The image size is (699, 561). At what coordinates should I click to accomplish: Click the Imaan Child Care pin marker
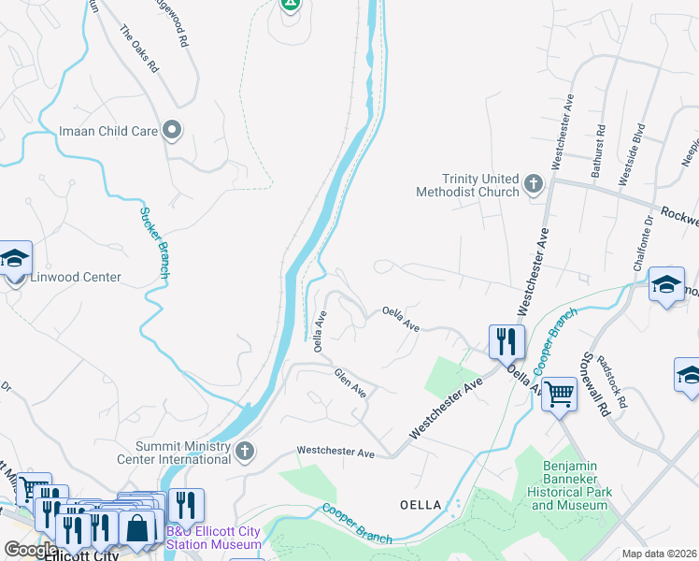pos(171,131)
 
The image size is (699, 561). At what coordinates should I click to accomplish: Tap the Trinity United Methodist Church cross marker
pos(534,183)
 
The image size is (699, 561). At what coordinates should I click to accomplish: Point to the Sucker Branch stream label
pos(154,241)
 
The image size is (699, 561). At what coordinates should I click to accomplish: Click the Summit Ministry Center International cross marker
pos(245,453)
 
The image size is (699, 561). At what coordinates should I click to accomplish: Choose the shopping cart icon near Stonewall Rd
pos(559,394)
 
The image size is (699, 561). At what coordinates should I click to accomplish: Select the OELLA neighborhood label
pos(421,505)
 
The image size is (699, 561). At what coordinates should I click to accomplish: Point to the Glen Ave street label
pos(350,381)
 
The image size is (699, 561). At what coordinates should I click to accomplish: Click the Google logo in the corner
pos(31,550)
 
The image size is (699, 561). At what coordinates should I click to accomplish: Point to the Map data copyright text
pos(659,554)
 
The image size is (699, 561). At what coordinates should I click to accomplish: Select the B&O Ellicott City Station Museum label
pos(214,538)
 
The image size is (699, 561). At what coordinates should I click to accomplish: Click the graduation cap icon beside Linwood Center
pos(14,259)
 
